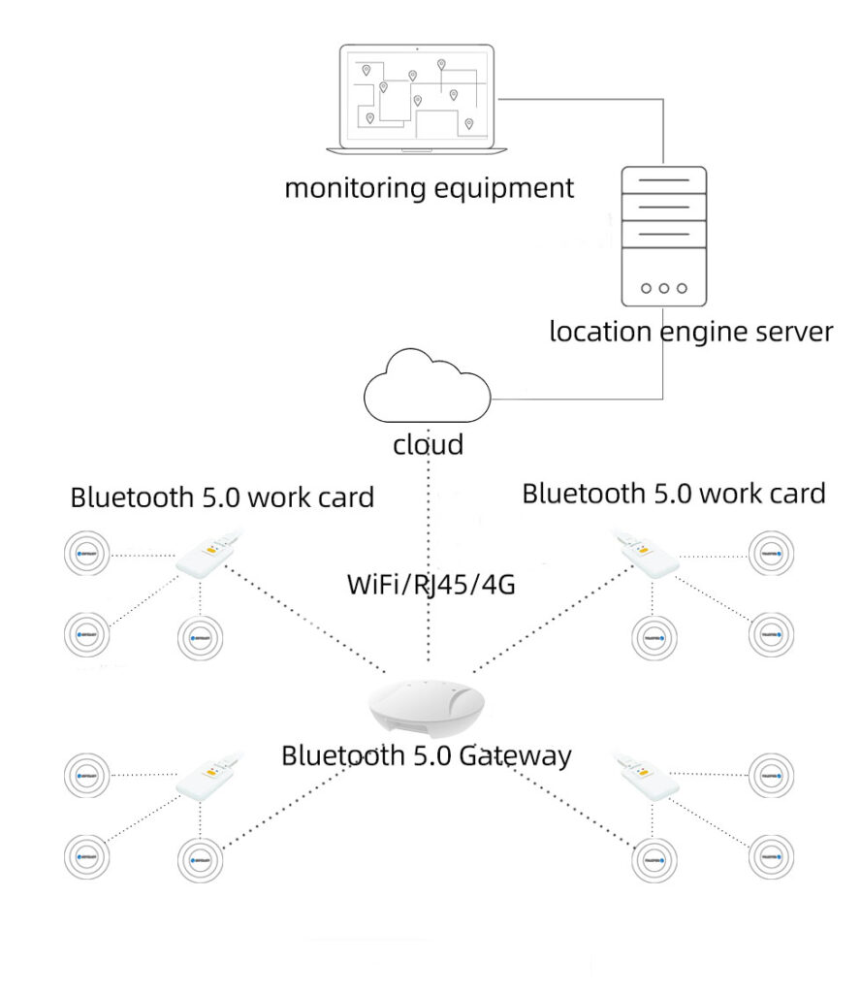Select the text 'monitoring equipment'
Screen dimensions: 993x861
429,187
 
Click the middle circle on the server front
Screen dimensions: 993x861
663,288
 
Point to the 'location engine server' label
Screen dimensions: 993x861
690,332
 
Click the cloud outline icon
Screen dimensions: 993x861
426,392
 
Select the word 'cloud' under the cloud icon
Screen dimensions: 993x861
428,445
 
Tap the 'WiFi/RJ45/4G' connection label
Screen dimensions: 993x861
428,585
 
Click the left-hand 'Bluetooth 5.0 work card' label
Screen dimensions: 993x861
222,498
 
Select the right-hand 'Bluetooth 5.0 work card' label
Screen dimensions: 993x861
674,494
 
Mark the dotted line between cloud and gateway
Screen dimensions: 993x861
428,524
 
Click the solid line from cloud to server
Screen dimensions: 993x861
582,399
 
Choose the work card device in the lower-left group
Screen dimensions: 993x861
207,778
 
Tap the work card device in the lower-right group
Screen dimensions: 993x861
650,777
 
